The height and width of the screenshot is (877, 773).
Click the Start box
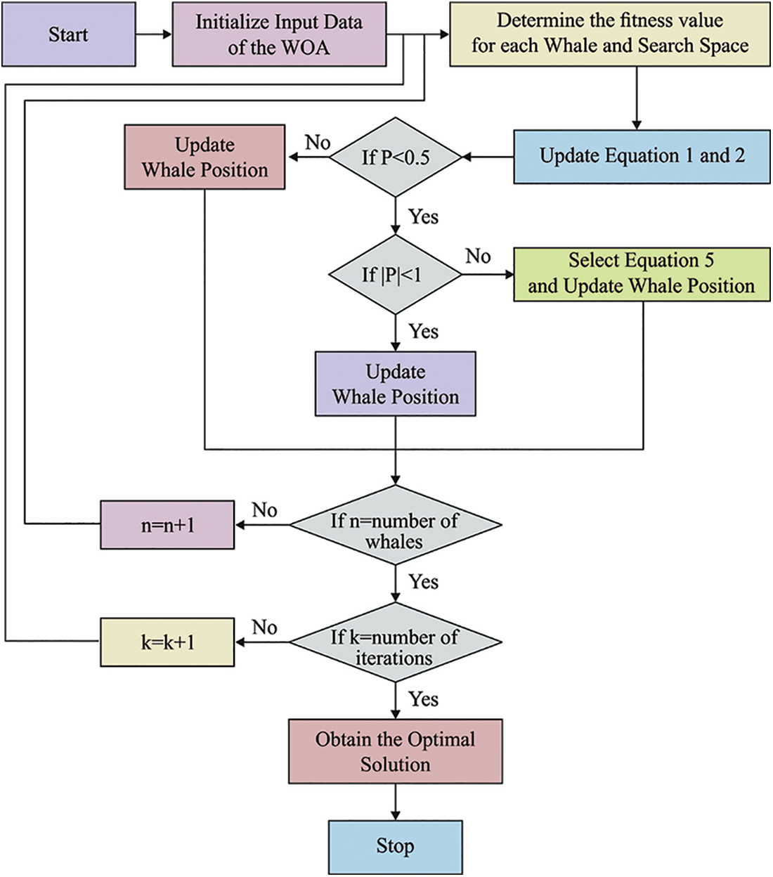(68, 34)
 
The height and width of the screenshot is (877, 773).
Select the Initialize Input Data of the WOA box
(279, 34)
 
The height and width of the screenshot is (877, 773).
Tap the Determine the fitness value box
(609, 34)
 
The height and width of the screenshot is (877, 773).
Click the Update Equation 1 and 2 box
(642, 157)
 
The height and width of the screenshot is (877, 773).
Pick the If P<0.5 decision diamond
(396, 157)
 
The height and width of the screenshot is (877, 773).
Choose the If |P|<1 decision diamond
(396, 275)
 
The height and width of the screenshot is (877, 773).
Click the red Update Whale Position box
(204, 157)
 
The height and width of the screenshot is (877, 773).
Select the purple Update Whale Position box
(396, 384)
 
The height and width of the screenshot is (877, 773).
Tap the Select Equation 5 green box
(642, 274)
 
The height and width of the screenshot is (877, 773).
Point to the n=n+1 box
(167, 525)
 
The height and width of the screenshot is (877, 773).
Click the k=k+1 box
(167, 642)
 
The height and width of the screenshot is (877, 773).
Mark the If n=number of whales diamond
(396, 525)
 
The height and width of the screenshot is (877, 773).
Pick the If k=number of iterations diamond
(396, 642)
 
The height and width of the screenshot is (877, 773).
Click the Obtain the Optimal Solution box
(396, 751)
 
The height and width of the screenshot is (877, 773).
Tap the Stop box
(396, 847)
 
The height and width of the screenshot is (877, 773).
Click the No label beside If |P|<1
(478, 256)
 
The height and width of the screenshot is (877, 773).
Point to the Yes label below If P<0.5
(424, 217)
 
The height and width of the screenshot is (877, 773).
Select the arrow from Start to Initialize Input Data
(154, 34)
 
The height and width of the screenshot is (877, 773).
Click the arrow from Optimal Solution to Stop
(396, 802)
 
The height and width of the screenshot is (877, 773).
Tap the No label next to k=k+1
(265, 628)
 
